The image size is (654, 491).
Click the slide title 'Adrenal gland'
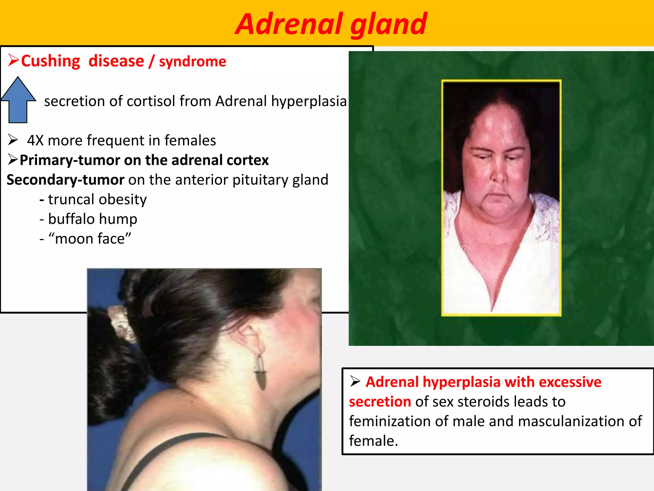click(331, 24)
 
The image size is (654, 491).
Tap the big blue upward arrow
click(18, 100)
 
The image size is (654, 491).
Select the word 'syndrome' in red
click(193, 61)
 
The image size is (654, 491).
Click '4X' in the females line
click(35, 141)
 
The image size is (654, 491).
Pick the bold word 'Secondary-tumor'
click(65, 180)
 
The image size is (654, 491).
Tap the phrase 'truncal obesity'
click(97, 199)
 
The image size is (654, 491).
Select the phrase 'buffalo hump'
click(93, 219)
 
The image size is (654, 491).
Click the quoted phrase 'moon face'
click(90, 239)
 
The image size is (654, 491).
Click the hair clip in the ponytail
click(120, 323)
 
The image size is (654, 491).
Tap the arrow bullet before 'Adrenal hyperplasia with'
click(355, 381)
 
